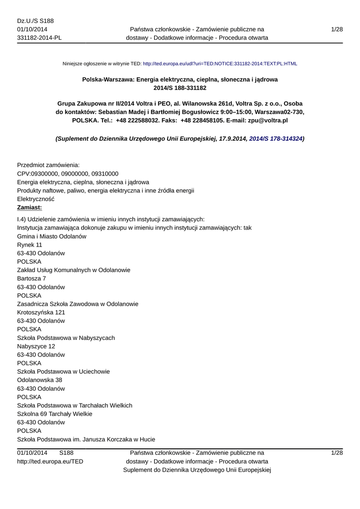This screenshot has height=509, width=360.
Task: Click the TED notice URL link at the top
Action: click(220, 64)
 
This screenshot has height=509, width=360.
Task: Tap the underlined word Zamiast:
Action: click(29, 207)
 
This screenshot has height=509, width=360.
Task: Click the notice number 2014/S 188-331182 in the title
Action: click(180, 88)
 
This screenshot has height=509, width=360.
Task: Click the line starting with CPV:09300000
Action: click(68, 173)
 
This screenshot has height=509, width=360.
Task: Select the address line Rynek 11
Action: click(29, 245)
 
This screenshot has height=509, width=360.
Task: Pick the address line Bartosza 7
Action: click(31, 278)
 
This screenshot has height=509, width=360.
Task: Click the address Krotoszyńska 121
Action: click(41, 313)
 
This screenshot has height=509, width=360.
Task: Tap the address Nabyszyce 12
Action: click(36, 346)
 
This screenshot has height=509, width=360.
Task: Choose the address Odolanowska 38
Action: click(39, 380)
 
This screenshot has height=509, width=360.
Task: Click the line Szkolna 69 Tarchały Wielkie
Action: click(55, 414)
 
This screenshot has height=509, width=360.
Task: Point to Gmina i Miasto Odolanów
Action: click(52, 237)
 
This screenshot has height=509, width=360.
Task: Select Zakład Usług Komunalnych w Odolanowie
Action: click(74, 270)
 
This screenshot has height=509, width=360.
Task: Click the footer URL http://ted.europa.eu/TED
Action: click(50, 461)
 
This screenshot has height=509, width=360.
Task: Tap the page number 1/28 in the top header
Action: click(337, 30)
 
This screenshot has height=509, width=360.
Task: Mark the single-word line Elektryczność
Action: click(36, 199)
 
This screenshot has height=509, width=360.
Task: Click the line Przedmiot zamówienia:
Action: click(49, 165)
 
